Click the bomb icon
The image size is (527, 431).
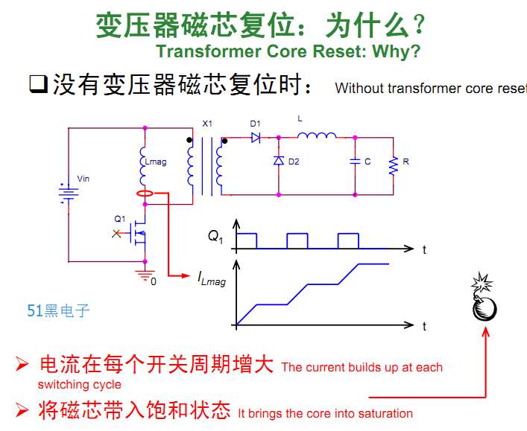pyautogui.click(x=484, y=301)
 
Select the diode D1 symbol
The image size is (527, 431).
pyautogui.click(x=256, y=137)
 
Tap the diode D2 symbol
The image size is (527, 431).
pyautogui.click(x=279, y=161)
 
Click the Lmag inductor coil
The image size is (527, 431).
pyautogui.click(x=142, y=166)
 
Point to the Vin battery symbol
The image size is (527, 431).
pyautogui.click(x=69, y=193)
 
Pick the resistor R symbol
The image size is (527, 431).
pyautogui.click(x=394, y=165)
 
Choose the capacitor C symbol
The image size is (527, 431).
pyautogui.click(x=355, y=162)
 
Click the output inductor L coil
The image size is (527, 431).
pyautogui.click(x=317, y=135)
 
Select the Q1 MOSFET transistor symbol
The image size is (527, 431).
pyautogui.click(x=138, y=232)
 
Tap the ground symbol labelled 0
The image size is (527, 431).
pyautogui.click(x=145, y=275)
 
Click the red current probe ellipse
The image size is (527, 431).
pyautogui.click(x=145, y=194)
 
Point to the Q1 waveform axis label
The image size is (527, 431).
pyautogui.click(x=215, y=236)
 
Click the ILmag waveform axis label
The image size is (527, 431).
pyautogui.click(x=212, y=279)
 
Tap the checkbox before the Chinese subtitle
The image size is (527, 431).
pyautogui.click(x=39, y=84)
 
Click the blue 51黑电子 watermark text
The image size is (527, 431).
pyautogui.click(x=58, y=310)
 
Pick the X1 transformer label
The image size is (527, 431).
pyautogui.click(x=207, y=124)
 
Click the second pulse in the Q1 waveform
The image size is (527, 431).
pyautogui.click(x=297, y=240)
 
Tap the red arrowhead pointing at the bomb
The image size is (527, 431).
pyautogui.click(x=486, y=332)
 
